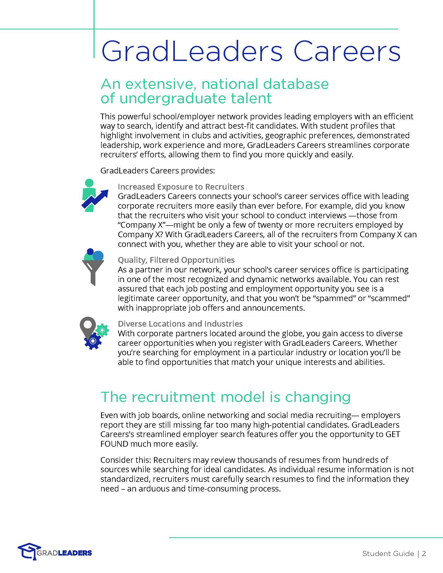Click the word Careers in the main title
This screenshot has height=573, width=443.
pos(346,51)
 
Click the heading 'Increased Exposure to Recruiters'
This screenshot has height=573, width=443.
pos(181,186)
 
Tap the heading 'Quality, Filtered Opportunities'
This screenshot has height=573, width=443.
pos(176,260)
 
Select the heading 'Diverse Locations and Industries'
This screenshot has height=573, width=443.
pos(180,323)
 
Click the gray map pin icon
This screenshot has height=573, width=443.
pos(88,326)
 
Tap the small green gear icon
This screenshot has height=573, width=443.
pos(102,330)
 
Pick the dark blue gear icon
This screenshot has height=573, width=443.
pos(93,341)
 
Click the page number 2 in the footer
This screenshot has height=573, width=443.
pos(424,553)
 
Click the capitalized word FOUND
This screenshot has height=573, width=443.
pos(114,444)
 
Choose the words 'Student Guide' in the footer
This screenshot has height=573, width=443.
pos(388,553)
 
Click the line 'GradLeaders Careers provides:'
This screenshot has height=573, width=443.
pos(157,171)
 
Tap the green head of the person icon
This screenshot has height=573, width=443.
pos(89,183)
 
